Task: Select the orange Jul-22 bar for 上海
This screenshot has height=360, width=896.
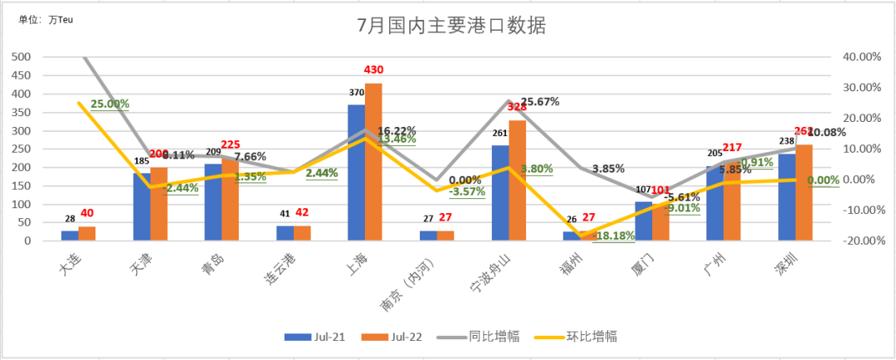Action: [x=373, y=162]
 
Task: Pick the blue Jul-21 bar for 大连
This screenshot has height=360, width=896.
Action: [x=70, y=236]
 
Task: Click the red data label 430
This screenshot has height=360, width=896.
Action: [x=373, y=70]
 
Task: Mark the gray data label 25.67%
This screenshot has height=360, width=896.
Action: [x=538, y=101]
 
